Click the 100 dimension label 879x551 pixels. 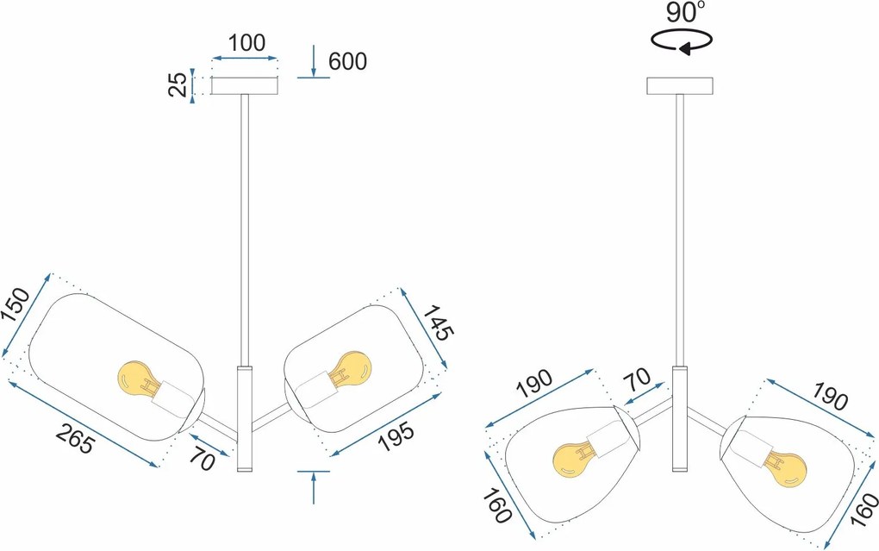point(246,43)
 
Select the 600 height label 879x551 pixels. point(347,62)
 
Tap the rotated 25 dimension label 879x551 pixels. point(178,85)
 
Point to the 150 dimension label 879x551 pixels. point(16,304)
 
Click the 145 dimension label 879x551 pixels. point(438,322)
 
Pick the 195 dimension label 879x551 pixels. point(396,435)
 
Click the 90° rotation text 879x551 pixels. point(686,12)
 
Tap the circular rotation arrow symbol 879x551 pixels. point(682,41)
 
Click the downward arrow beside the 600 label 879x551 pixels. point(314,60)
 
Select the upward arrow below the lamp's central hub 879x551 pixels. point(314,487)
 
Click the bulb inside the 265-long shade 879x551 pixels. point(139,380)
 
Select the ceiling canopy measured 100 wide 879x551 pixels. point(245,86)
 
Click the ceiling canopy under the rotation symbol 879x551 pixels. point(679,86)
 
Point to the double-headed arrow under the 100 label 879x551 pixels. point(245,58)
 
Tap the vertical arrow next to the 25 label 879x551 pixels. point(193,86)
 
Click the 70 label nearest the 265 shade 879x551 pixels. point(202,461)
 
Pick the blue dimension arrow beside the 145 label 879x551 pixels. point(423,329)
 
